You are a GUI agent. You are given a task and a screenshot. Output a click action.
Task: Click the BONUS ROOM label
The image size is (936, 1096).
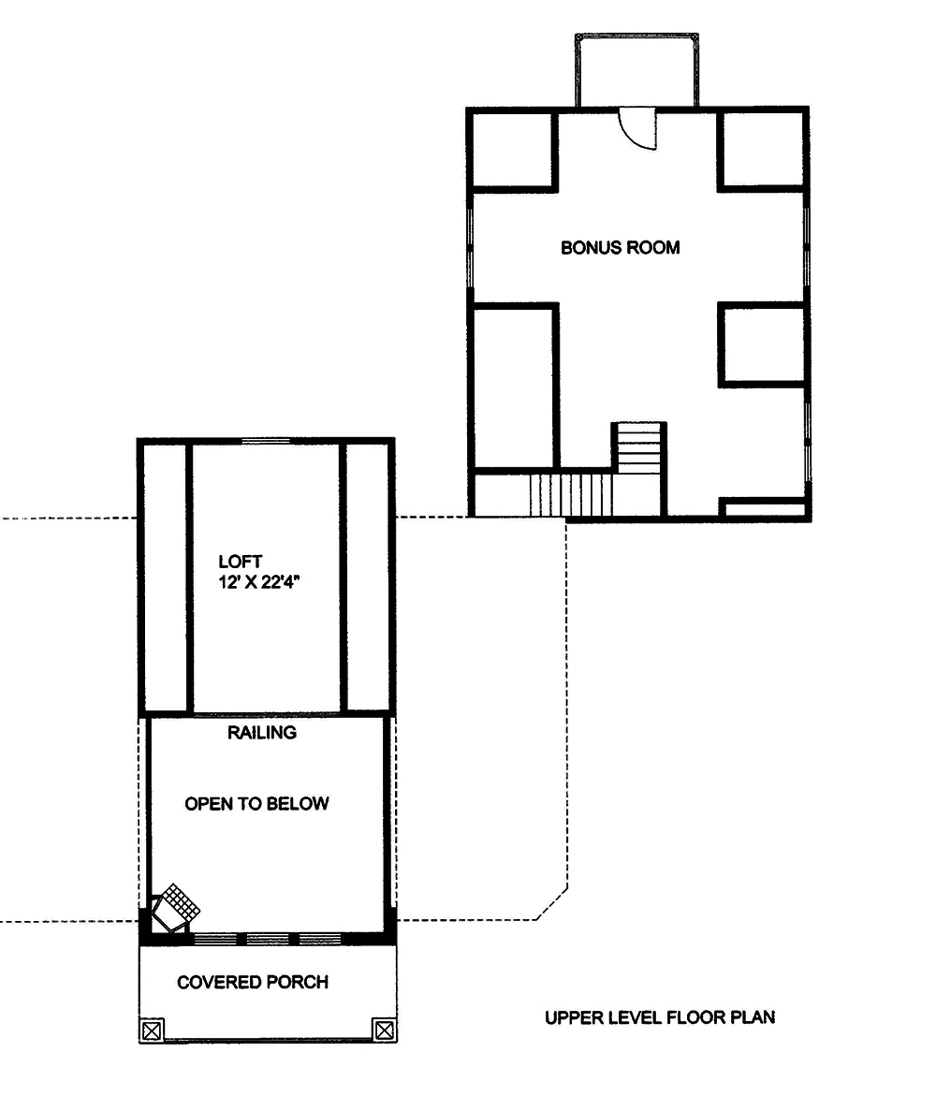point(620,248)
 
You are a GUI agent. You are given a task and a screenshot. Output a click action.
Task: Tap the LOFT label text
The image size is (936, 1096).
point(234,562)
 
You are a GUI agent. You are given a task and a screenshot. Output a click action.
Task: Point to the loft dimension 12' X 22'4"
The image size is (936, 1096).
point(266,582)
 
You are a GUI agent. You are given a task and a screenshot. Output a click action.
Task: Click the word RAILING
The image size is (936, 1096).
point(262,733)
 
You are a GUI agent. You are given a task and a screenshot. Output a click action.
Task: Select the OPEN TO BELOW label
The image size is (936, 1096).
point(256,804)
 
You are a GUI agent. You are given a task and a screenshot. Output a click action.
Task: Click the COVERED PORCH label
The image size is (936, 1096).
point(253,982)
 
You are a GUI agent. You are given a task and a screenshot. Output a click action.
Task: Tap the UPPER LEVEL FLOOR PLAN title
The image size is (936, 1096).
point(660,1017)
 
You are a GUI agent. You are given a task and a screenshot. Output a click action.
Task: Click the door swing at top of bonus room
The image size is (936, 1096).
point(640,129)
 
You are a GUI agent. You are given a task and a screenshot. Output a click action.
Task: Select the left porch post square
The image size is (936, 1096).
point(152,1030)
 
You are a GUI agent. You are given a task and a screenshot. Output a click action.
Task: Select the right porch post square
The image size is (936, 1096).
point(383,1030)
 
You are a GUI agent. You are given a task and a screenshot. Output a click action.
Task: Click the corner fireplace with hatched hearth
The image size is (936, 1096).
point(174,906)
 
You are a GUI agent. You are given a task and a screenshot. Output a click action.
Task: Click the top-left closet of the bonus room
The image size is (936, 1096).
point(513,151)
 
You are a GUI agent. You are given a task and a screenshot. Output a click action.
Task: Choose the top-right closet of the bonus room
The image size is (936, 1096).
point(761,151)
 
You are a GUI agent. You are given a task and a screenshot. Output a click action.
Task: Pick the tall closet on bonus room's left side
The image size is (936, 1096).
point(514,386)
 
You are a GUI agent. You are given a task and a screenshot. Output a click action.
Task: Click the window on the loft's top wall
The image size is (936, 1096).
point(266,440)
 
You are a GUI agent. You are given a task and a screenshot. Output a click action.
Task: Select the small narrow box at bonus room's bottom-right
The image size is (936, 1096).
point(763,509)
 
